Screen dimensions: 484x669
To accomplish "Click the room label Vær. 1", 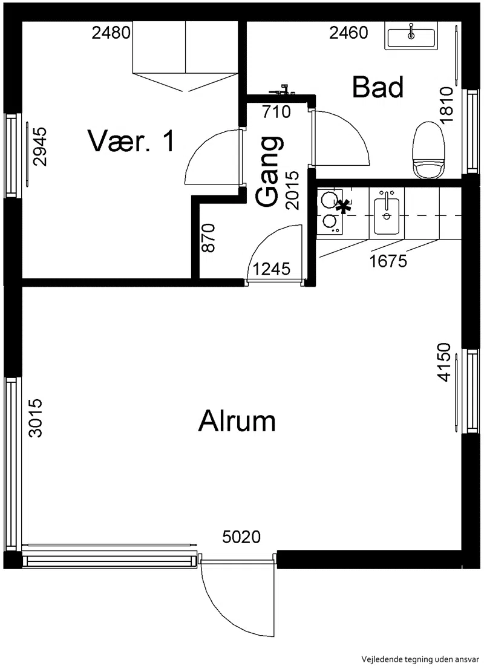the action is coord(131,141).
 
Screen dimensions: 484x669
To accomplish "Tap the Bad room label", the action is coord(378,87).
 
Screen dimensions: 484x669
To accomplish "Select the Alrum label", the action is coord(237,420).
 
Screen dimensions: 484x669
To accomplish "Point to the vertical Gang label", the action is coord(269,172).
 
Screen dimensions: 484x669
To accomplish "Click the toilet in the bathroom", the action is coord(428,150).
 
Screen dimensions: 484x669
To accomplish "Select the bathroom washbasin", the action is coord(411,38).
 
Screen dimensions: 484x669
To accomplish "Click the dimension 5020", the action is coord(241,537).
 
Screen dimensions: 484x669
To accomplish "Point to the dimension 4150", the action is coord(444,362).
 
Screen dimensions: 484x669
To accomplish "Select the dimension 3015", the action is coord(36,418).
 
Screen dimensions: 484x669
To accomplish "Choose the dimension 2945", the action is coord(40,146).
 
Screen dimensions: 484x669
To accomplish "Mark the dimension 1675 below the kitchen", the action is coord(388,261).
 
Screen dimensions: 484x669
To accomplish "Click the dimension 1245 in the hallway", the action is coord(272,269).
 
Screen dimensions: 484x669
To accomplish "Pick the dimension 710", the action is coord(276,112).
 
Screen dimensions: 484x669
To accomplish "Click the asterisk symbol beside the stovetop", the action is coord(342,207).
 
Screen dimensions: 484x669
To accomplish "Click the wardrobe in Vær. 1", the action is coord(185,56).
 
